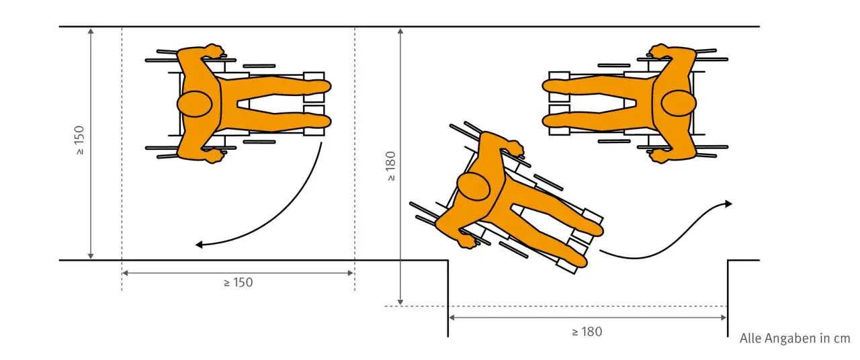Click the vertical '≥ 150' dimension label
[79, 140]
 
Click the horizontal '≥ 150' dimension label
[239, 283]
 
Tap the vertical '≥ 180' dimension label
[390, 166]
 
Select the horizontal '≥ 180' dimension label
[587, 332]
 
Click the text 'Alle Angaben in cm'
[795, 339]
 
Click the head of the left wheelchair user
[195, 104]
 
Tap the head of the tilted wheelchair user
[474, 186]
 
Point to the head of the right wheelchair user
[679, 103]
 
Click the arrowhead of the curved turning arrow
[199, 244]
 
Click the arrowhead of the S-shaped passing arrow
[728, 204]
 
